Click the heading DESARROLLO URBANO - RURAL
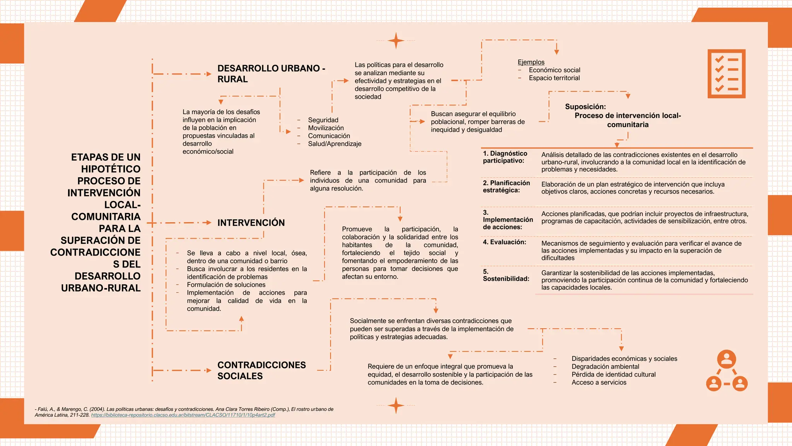pos(271,74)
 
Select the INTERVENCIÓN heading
pos(251,223)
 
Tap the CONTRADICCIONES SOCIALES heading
pos(261,371)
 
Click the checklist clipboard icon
pos(726,74)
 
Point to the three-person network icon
pos(727,371)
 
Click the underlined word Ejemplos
pos(531,62)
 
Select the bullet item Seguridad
pos(323,120)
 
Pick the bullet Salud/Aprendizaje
pos(335,144)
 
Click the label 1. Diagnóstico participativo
pos(505,157)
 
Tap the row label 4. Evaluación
pos(504,242)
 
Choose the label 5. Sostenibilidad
pos(506,275)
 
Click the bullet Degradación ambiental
pos(605,367)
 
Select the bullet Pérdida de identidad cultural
pos(613,374)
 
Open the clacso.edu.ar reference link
pos(183,415)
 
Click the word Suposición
pos(585,106)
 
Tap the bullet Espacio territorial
pos(554,78)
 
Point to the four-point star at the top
pos(396,41)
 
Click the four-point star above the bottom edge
pos(396,405)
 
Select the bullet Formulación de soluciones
pos(226,285)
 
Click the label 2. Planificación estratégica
pos(506,187)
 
